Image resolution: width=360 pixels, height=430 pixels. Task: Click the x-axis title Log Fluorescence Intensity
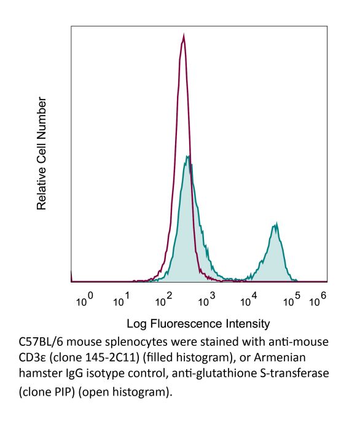(198, 323)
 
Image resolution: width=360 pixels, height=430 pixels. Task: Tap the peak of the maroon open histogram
(183, 37)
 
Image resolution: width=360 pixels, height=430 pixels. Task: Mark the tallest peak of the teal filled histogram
(187, 157)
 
